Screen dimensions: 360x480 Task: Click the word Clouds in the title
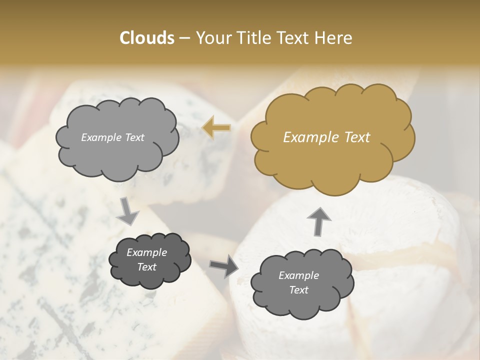point(147,38)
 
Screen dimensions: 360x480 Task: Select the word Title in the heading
point(252,38)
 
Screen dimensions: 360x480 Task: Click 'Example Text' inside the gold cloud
point(326,137)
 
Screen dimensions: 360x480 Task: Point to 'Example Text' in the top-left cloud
point(112,137)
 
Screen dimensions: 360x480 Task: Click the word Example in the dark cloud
point(146,252)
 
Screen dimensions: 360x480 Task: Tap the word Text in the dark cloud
point(146,267)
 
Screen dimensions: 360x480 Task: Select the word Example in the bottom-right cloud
point(298,275)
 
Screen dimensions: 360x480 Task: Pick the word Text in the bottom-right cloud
point(298,290)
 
